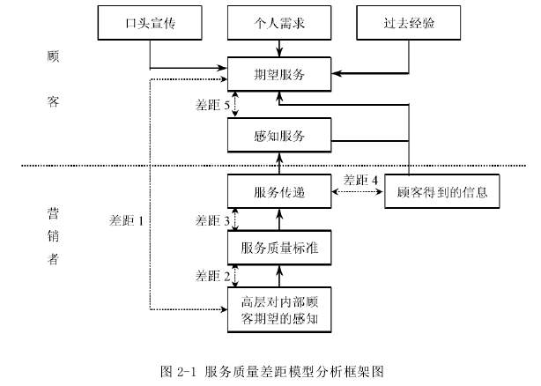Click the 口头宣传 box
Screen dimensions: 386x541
click(x=150, y=24)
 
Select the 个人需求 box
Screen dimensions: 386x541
click(x=279, y=24)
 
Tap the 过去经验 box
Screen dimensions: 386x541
click(x=409, y=24)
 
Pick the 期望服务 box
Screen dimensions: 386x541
click(x=279, y=75)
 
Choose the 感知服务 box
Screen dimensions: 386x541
click(x=279, y=136)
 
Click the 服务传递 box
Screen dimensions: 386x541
click(x=279, y=192)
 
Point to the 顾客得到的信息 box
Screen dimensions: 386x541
click(x=441, y=192)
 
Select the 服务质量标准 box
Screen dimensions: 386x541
click(x=279, y=249)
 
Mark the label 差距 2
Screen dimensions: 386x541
click(x=213, y=277)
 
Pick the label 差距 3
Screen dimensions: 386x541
click(x=213, y=220)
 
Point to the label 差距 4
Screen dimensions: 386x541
click(x=361, y=180)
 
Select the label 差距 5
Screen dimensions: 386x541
click(x=213, y=106)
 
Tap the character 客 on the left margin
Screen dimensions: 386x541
click(x=52, y=101)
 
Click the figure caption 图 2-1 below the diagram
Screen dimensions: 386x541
click(x=270, y=371)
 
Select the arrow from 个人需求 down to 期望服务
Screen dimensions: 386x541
click(x=279, y=48)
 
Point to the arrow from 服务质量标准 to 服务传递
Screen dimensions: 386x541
click(x=279, y=220)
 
